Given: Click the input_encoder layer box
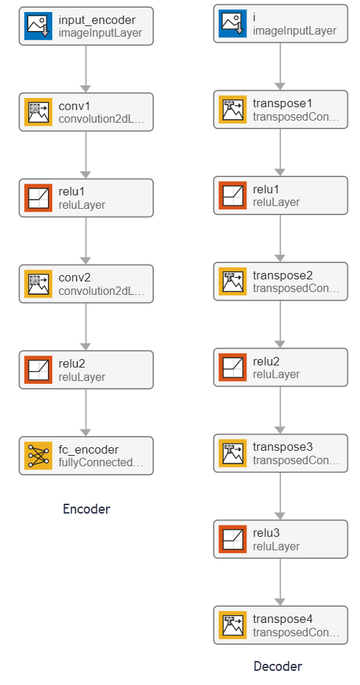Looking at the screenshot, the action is pyautogui.click(x=86, y=26).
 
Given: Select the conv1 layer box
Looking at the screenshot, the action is pyautogui.click(x=86, y=112).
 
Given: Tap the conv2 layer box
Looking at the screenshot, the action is pyautogui.click(x=86, y=284).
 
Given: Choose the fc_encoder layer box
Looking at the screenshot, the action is pyautogui.click(x=86, y=456).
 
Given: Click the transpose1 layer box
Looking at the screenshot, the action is pyautogui.click(x=280, y=109).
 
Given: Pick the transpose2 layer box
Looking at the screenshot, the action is pyautogui.click(x=280, y=281).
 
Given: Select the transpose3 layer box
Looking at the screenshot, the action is pyautogui.click(x=280, y=453).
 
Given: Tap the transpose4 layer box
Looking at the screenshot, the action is pyautogui.click(x=280, y=625).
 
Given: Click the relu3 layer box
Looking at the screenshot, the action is pyautogui.click(x=280, y=539).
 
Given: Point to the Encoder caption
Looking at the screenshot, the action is pyautogui.click(x=87, y=509).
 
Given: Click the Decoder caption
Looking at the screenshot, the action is pyautogui.click(x=278, y=666).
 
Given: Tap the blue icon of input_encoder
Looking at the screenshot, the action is pyautogui.click(x=38, y=26).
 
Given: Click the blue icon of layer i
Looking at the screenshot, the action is pyautogui.click(x=232, y=23).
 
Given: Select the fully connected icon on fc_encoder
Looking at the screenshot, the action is pyautogui.click(x=38, y=456).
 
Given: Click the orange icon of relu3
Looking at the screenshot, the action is pyautogui.click(x=232, y=539).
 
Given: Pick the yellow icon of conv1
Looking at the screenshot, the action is pyautogui.click(x=38, y=112).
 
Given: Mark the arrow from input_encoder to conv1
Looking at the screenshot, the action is pyautogui.click(x=85, y=69).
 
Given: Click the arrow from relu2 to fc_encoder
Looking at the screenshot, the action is pyautogui.click(x=85, y=413).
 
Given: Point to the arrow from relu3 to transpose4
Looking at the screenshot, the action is pyautogui.click(x=280, y=582).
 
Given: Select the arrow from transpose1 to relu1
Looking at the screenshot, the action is pyautogui.click(x=280, y=152).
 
